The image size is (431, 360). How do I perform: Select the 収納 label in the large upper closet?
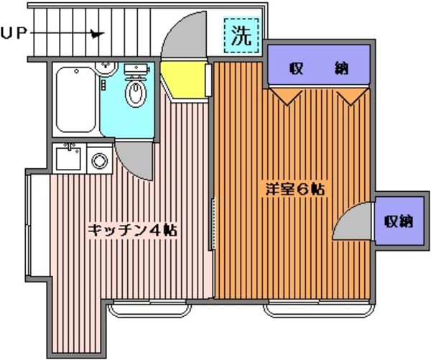click(319, 69)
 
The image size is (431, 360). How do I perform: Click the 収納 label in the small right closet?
click(398, 221)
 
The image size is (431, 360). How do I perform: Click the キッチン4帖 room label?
click(132, 230)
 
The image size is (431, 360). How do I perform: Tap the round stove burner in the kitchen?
click(100, 160)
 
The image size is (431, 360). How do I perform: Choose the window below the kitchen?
click(152, 309)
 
